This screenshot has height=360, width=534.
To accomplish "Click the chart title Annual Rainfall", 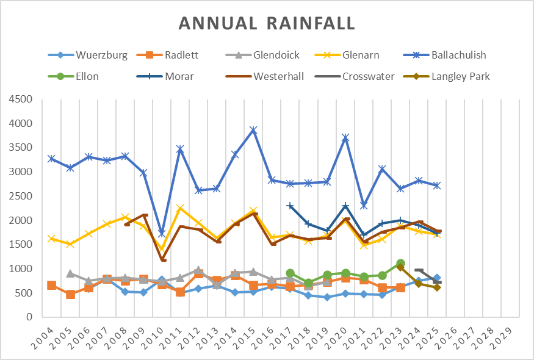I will [267, 23].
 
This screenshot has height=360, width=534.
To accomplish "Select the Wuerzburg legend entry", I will [101, 56].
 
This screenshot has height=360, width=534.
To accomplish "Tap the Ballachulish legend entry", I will [458, 56].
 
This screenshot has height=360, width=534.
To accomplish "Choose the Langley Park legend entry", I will [460, 77].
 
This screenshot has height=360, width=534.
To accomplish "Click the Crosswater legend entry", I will [377, 77].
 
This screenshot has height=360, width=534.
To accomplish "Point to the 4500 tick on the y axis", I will [22, 99].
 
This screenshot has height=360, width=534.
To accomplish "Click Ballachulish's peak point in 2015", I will [253, 130].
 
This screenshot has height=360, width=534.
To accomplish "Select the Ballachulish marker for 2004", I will [52, 159].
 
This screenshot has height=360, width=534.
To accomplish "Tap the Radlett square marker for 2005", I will [70, 295].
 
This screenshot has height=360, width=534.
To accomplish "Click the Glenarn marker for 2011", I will [180, 208].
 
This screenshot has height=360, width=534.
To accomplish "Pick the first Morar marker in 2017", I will [290, 206].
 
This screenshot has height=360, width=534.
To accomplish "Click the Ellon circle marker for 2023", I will [400, 264].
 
